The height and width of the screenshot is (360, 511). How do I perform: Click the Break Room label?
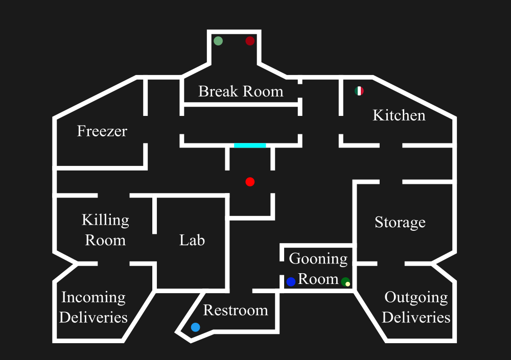[241, 91]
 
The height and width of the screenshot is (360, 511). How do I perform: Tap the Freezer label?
[102, 131]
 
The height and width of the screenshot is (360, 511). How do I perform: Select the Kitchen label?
[399, 115]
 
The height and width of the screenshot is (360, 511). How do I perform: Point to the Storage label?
[400, 222]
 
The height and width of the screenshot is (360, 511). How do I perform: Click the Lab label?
[192, 239]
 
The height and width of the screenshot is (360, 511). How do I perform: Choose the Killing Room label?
[105, 230]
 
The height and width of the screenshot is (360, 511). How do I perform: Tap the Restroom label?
[236, 310]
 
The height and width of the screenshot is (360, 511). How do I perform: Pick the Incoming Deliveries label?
[93, 307]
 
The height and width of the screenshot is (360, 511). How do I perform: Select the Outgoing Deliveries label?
[416, 307]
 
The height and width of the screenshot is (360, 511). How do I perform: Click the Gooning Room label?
[318, 269]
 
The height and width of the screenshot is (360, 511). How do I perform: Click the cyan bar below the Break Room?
[250, 146]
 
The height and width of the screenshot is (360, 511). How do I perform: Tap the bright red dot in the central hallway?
[250, 182]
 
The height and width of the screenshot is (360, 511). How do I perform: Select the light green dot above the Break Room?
[218, 41]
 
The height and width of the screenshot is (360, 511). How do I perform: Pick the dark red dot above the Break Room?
[250, 41]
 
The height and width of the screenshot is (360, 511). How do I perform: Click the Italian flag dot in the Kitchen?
[359, 91]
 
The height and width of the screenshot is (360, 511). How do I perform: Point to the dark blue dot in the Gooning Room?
[291, 282]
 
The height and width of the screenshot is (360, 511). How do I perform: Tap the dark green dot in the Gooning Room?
[345, 281]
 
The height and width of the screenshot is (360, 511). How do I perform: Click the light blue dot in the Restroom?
[195, 327]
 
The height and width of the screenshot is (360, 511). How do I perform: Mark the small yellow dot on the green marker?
[347, 284]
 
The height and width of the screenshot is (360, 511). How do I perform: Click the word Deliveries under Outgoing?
[416, 317]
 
